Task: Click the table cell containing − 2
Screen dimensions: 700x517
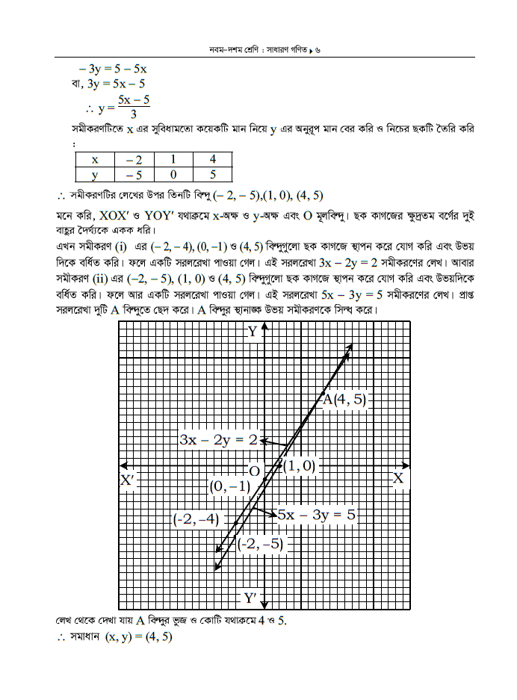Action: [x=134, y=159]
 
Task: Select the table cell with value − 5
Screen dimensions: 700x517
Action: [x=134, y=174]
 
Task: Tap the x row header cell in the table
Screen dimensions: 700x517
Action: [x=95, y=159]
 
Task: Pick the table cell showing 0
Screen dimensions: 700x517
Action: [x=173, y=174]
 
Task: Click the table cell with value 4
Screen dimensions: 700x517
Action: [x=212, y=159]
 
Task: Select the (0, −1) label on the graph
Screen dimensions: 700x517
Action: [x=229, y=486]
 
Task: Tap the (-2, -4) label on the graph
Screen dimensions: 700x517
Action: [x=195, y=518]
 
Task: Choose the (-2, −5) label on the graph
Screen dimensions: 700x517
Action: [x=260, y=544]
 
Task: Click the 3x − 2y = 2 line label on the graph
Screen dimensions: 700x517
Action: [x=217, y=440]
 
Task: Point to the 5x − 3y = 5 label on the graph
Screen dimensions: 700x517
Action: [x=316, y=514]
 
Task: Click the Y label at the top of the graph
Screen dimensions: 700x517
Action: [x=253, y=332]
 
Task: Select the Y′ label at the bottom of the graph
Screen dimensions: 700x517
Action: [x=251, y=598]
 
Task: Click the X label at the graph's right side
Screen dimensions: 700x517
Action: [x=398, y=479]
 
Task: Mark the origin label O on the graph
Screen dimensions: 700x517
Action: [x=254, y=471]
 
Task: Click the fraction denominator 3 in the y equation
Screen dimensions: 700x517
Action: [x=133, y=114]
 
